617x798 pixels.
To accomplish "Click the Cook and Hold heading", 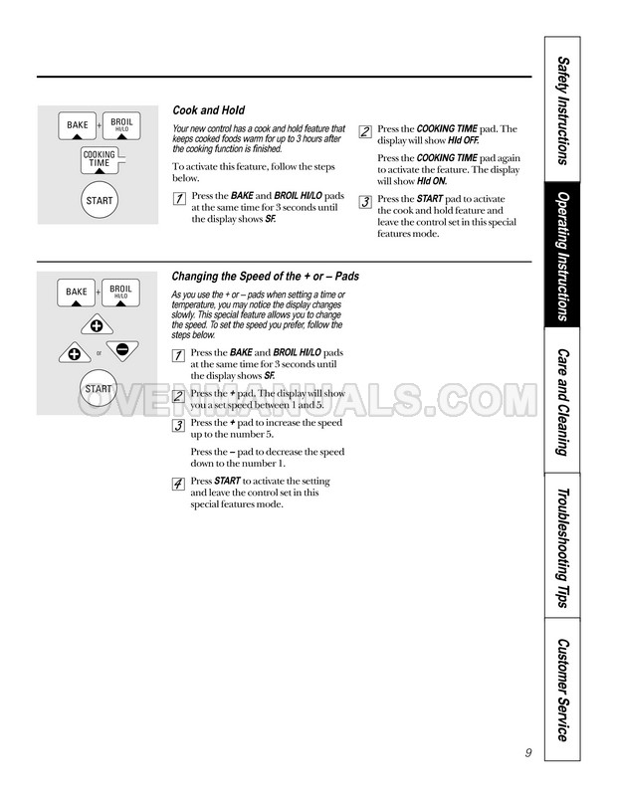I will [208, 110].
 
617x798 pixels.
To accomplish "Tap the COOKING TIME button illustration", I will [99, 160].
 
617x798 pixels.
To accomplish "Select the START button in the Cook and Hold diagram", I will [99, 201].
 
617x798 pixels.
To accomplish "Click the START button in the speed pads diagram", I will [99, 388].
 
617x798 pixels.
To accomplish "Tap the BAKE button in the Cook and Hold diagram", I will [78, 126].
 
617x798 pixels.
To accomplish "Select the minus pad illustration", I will [120, 350].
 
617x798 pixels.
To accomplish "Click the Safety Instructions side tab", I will [564, 109].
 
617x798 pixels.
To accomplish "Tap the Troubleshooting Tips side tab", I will [564, 546].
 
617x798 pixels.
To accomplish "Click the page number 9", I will [526, 753].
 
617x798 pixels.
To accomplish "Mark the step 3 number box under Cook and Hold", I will [365, 201].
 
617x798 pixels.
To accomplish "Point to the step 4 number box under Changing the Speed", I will [177, 484].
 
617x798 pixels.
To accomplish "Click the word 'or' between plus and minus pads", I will [99, 351].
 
